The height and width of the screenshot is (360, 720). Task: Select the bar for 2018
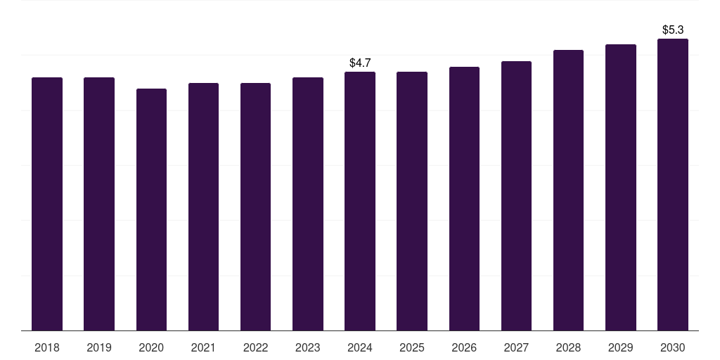pyautogui.click(x=47, y=204)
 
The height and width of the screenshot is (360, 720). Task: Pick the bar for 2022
pyautogui.click(x=255, y=207)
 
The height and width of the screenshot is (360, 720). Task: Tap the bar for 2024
pyautogui.click(x=360, y=201)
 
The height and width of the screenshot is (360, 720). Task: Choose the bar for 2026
pyautogui.click(x=464, y=198)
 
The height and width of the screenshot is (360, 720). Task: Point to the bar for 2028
pyautogui.click(x=568, y=190)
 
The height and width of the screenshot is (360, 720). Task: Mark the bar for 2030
pyautogui.click(x=673, y=184)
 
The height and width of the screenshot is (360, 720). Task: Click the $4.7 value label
pyautogui.click(x=360, y=63)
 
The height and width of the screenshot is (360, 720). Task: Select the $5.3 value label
pyautogui.click(x=673, y=30)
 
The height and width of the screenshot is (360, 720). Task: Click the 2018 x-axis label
pyautogui.click(x=47, y=347)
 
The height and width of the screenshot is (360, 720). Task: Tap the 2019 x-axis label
pyautogui.click(x=99, y=347)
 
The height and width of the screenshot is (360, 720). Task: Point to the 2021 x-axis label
pyautogui.click(x=203, y=347)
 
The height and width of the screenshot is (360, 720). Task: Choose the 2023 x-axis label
pyautogui.click(x=307, y=347)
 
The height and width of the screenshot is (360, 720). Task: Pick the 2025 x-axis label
pyautogui.click(x=412, y=347)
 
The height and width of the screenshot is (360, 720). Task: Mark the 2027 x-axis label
pyautogui.click(x=516, y=347)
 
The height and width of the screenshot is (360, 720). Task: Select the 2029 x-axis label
pyautogui.click(x=620, y=347)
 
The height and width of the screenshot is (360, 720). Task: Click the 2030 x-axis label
pyautogui.click(x=673, y=347)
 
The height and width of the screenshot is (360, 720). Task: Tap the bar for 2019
pyautogui.click(x=99, y=204)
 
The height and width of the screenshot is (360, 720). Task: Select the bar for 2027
pyautogui.click(x=516, y=195)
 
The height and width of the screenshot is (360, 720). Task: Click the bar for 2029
pyautogui.click(x=620, y=187)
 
